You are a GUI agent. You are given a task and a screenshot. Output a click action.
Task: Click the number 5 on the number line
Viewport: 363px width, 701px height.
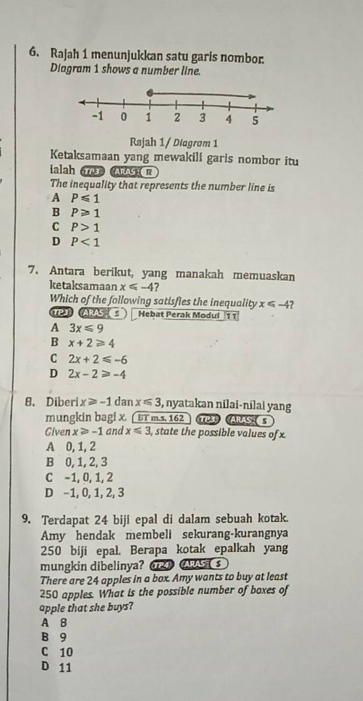click(x=255, y=121)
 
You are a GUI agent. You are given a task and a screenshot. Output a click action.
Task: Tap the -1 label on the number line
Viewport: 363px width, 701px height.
click(x=96, y=117)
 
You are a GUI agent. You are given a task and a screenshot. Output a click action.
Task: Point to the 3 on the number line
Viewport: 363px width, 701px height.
click(x=203, y=118)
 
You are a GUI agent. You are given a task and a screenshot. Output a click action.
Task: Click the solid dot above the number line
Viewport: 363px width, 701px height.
click(x=148, y=94)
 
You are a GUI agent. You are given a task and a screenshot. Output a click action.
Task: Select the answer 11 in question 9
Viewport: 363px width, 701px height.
click(x=64, y=669)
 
